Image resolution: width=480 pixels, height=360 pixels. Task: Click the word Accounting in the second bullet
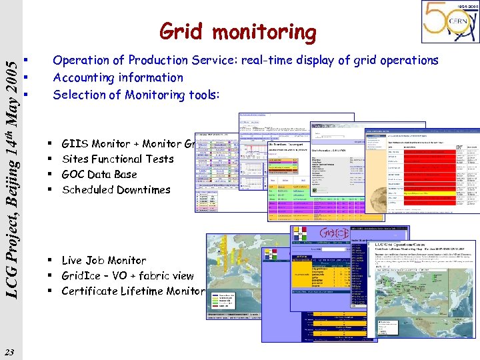[85, 77]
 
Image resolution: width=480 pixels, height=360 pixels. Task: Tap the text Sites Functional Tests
[117, 159]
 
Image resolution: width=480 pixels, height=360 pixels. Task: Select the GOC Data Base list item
[99, 174]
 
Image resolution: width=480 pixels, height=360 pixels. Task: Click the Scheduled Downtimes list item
[115, 189]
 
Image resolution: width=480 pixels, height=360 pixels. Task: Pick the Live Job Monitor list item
[103, 260]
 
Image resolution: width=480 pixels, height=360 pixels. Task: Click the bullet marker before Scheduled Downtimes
[51, 189]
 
